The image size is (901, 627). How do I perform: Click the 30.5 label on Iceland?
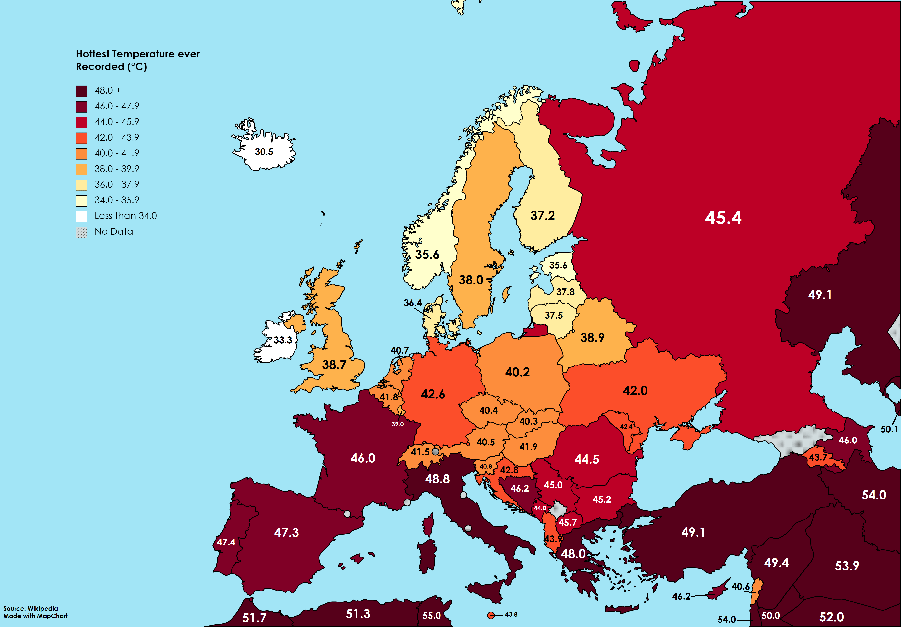point(264,152)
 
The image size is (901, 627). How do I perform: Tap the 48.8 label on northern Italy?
point(437,479)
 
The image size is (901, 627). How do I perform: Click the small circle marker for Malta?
point(491,615)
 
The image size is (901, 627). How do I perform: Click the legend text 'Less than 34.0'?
point(126,216)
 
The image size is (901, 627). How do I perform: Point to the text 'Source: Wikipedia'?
point(31,609)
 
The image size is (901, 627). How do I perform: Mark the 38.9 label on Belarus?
point(592,337)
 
